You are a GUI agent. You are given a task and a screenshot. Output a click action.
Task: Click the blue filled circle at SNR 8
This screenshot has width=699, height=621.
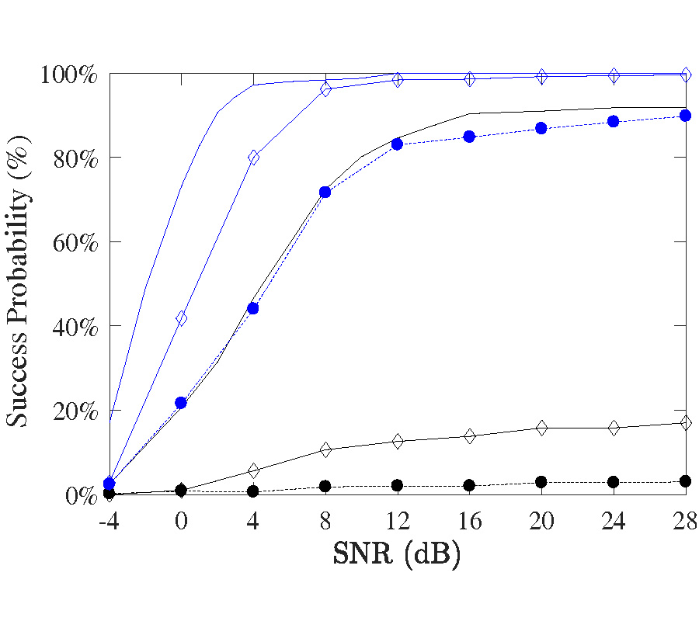325,192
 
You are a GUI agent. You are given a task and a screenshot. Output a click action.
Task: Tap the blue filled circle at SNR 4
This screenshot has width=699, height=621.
253,308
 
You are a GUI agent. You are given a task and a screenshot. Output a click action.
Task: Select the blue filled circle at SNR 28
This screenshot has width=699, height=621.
686,116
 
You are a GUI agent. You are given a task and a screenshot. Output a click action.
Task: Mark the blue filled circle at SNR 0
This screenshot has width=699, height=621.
181,403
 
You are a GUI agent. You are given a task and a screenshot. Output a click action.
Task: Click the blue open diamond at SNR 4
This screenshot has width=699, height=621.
253,158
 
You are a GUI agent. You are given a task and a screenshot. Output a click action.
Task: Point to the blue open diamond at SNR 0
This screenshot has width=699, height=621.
181,318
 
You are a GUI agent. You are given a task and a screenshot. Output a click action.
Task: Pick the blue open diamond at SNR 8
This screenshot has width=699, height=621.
325,89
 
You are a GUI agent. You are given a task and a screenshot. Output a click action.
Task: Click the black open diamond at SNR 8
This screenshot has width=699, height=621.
325,449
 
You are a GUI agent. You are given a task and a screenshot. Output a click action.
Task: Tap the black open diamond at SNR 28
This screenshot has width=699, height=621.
686,423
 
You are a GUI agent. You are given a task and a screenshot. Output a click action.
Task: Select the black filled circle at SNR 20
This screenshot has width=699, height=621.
541,482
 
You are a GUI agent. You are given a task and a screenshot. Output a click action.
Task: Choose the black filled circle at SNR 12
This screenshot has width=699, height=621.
398,485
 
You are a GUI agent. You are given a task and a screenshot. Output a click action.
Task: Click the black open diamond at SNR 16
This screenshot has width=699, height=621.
469,436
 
